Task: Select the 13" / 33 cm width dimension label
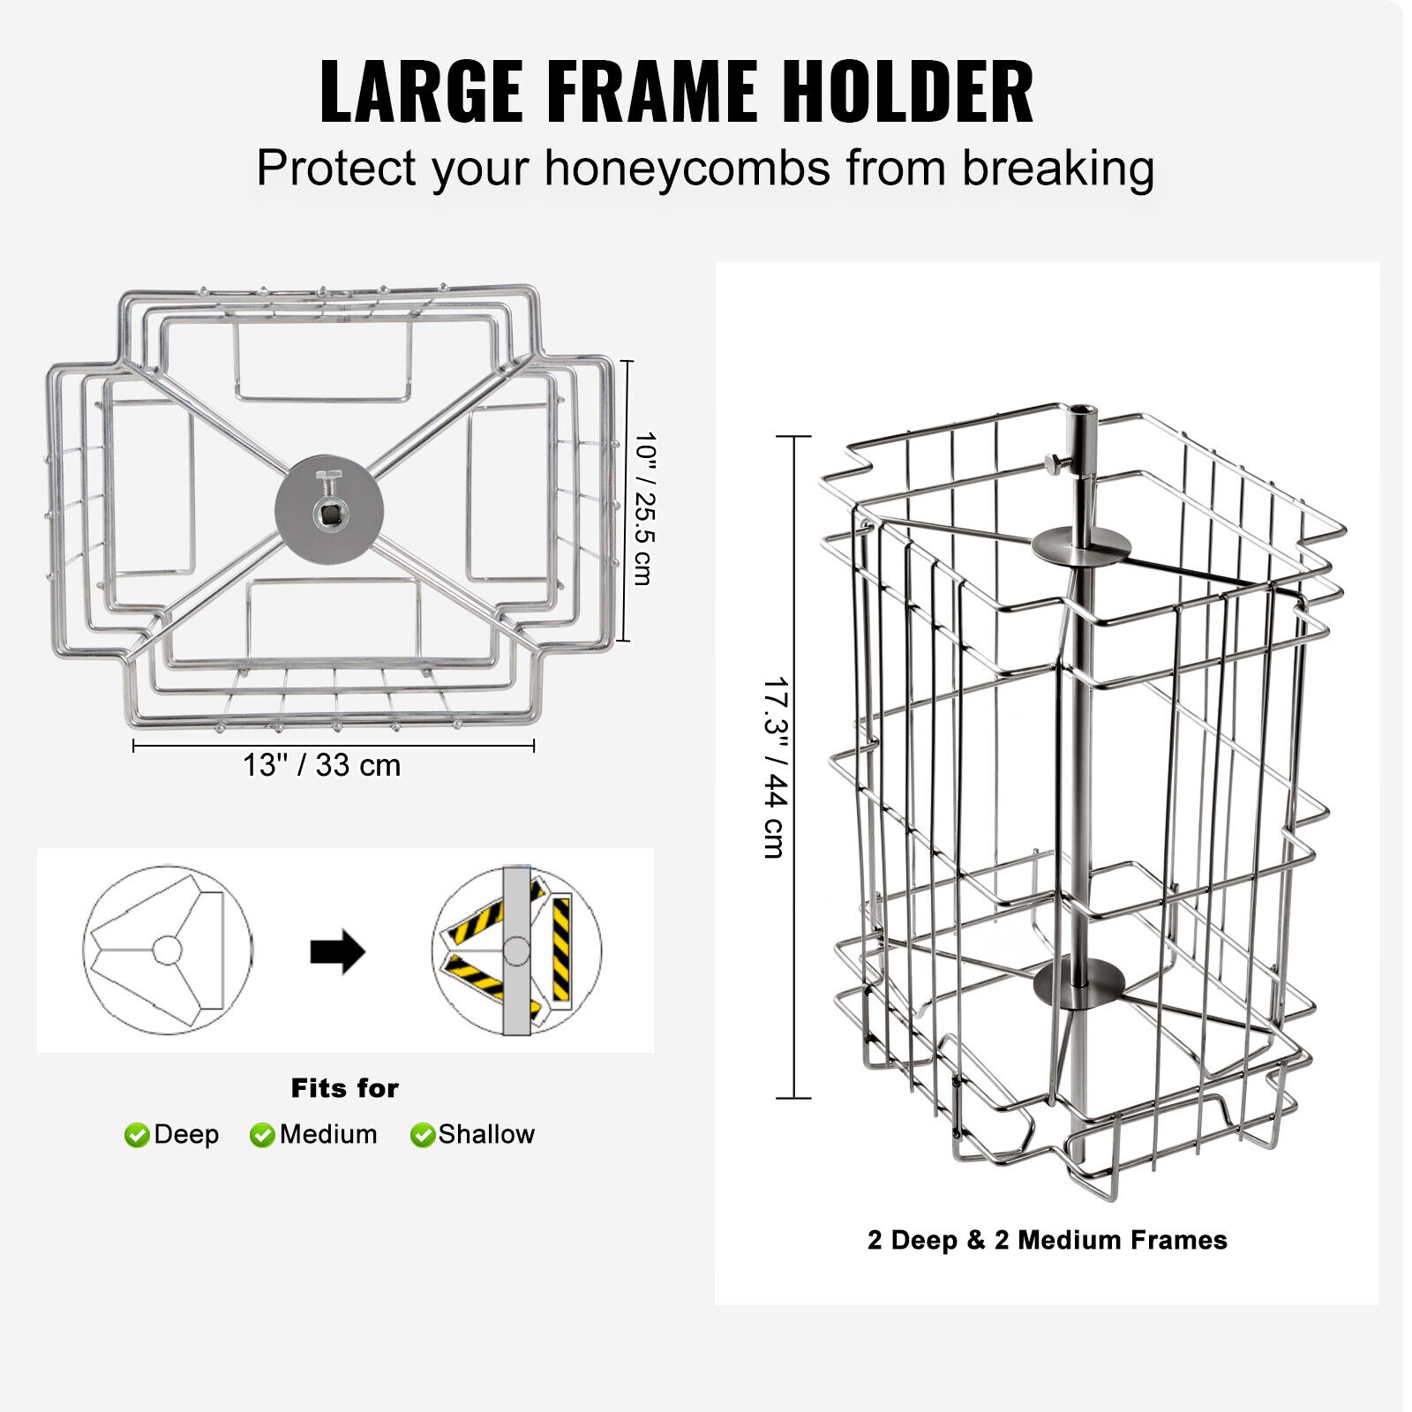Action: coord(322,765)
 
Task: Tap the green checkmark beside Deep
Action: coord(137,1135)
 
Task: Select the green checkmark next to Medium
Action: coord(262,1135)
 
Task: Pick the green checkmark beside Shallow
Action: coord(423,1135)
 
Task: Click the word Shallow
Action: coord(486,1134)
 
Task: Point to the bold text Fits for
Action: coord(345,1088)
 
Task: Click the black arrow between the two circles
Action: coord(337,951)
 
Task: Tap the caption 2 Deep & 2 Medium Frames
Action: coord(1047,1240)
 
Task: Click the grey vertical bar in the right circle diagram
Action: coord(516,951)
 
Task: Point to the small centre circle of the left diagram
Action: coord(167,950)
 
